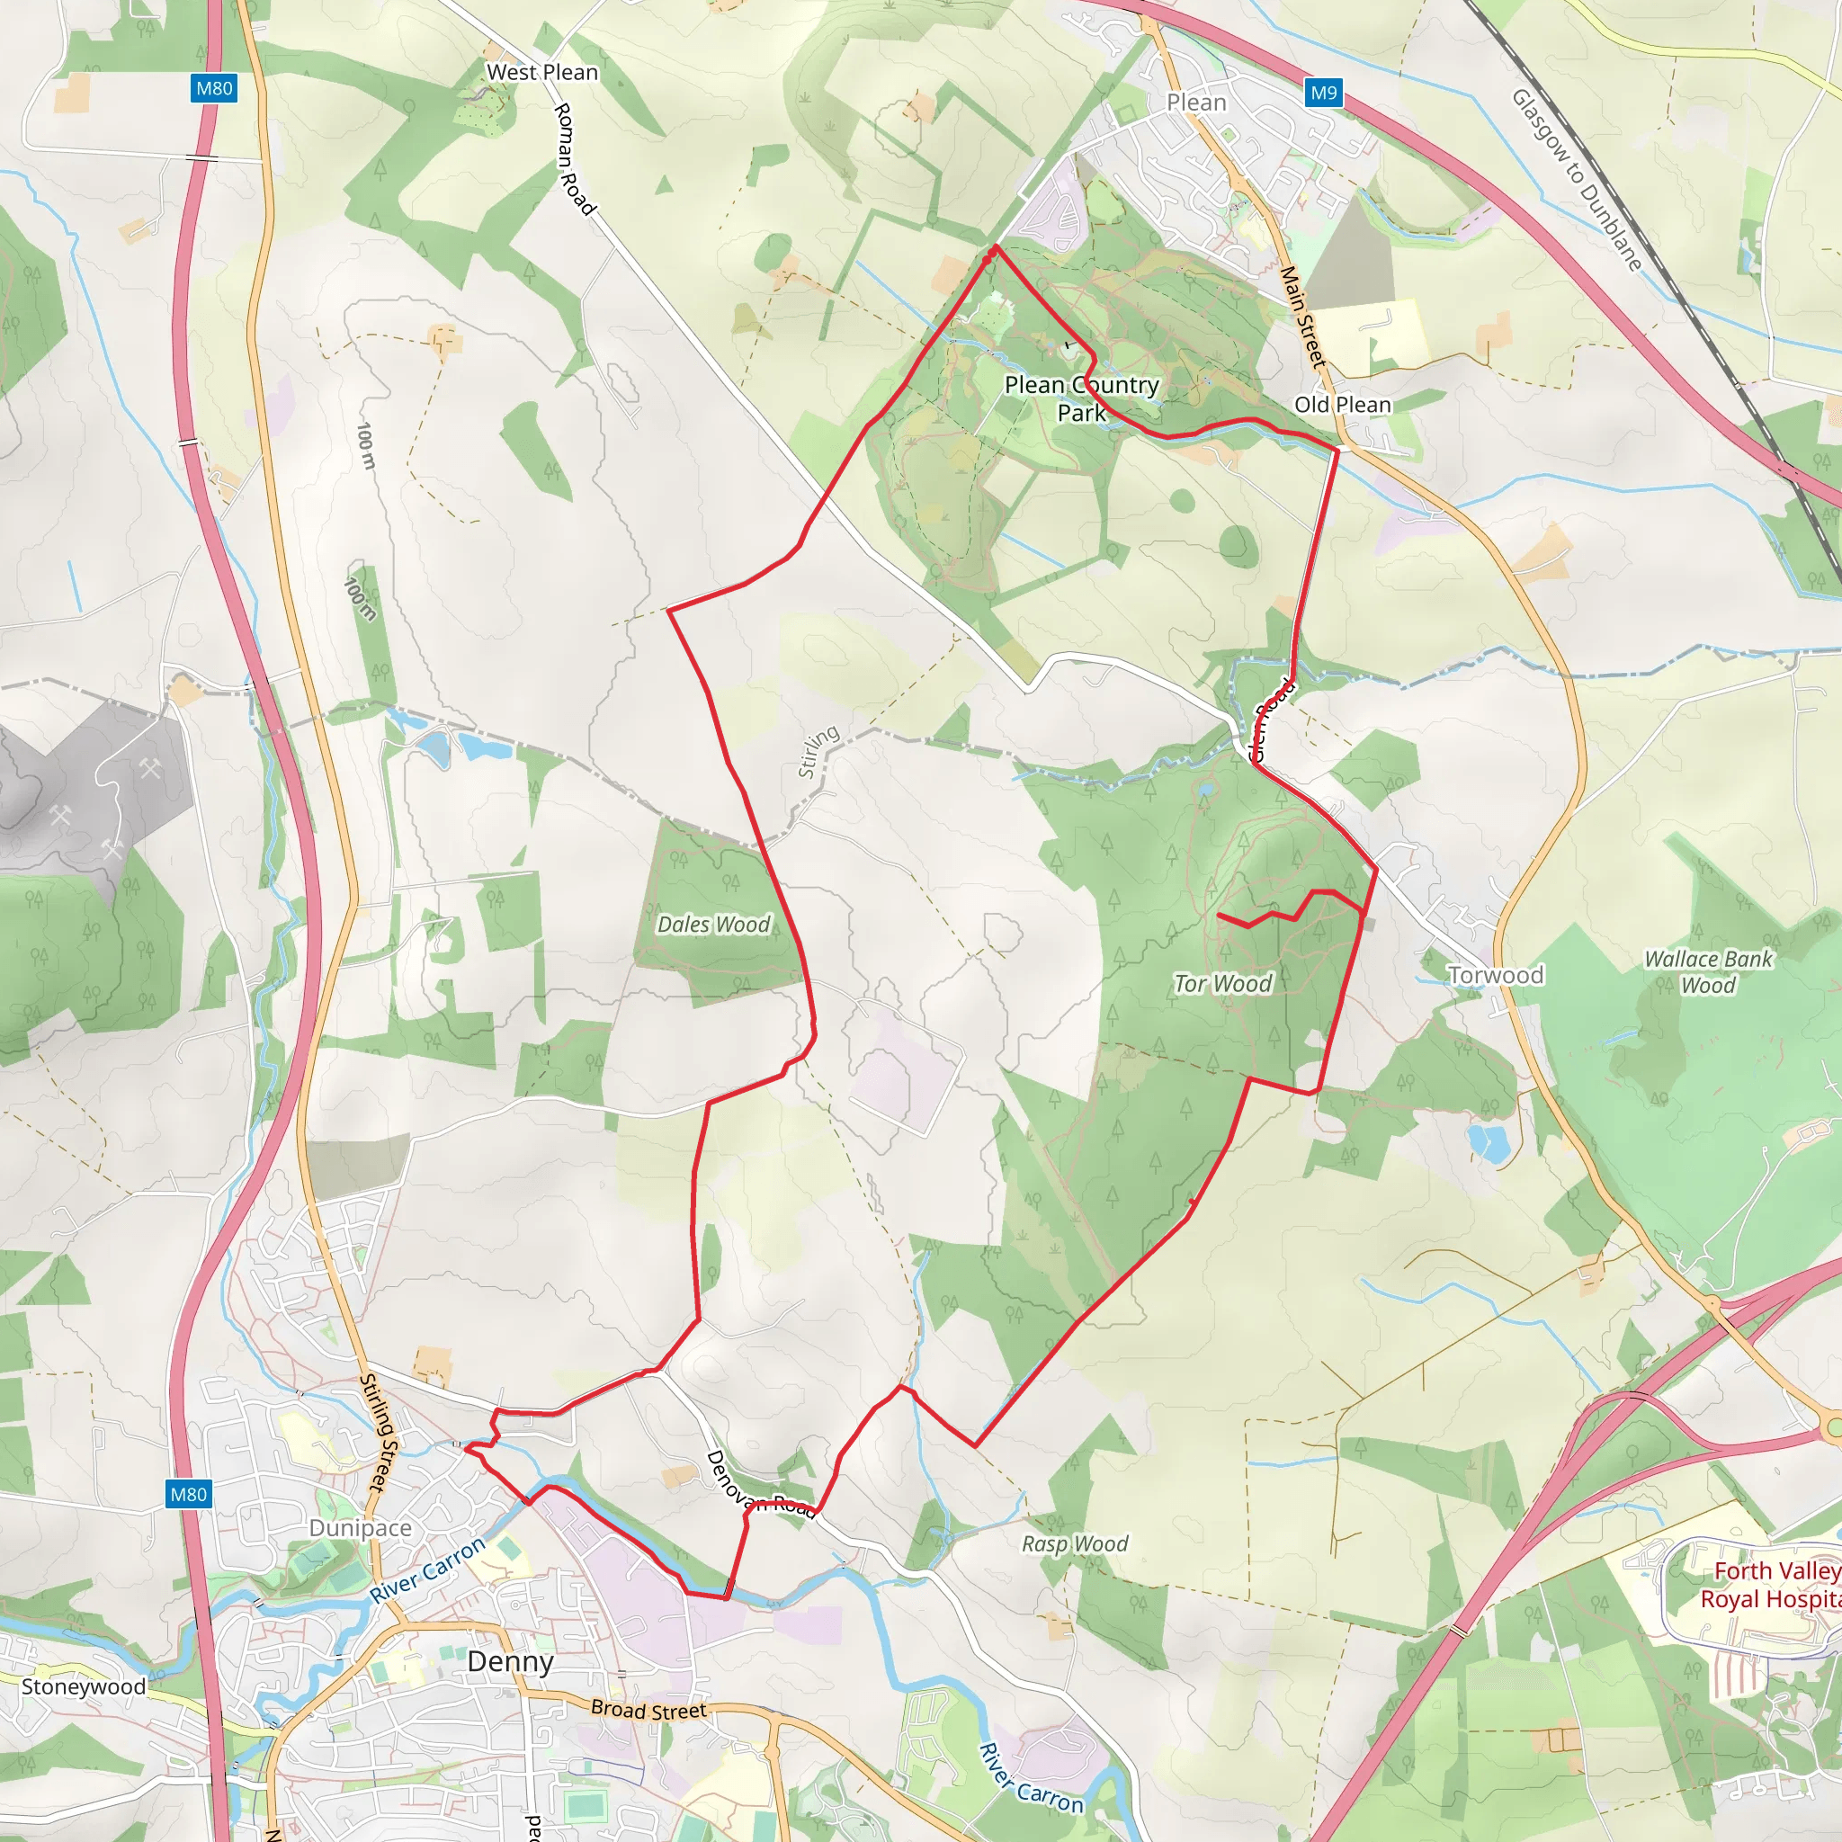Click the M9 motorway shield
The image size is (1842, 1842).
point(1323,93)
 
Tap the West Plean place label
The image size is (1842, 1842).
point(541,73)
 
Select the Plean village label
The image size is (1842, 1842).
point(1195,102)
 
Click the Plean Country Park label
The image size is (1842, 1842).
point(1081,398)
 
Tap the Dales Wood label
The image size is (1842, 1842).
point(713,924)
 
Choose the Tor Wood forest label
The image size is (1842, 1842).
point(1222,983)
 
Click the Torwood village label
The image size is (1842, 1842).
point(1495,974)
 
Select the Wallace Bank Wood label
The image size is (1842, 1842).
point(1708,971)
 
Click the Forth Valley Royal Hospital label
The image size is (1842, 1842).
point(1769,1584)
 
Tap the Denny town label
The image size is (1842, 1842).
point(510,1662)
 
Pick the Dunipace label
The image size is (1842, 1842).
point(361,1527)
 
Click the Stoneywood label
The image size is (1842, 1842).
point(84,1686)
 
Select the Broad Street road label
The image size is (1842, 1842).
point(648,1710)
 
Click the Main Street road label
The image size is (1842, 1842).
point(1302,317)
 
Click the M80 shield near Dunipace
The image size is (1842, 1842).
point(188,1494)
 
